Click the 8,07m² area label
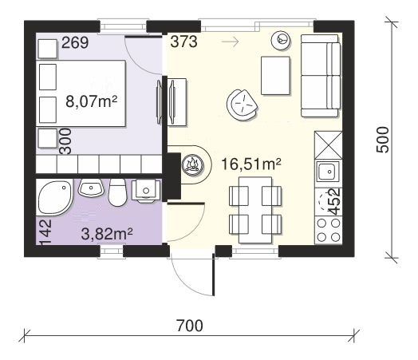[x=92, y=101]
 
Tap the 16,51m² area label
[x=251, y=164]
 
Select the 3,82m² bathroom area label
[x=107, y=234]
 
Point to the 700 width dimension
[x=190, y=326]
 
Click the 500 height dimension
[x=383, y=140]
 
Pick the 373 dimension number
[x=184, y=42]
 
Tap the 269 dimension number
[x=75, y=42]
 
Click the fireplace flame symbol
[x=192, y=164]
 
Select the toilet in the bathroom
[x=117, y=192]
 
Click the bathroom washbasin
[x=91, y=188]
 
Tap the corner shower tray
[x=55, y=197]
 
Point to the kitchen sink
[x=328, y=172]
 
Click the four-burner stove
[x=329, y=230]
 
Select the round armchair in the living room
[x=242, y=105]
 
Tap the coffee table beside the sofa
[x=275, y=76]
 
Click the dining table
[x=255, y=210]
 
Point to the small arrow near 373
[x=230, y=42]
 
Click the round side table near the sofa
[x=281, y=40]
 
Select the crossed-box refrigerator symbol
[x=329, y=145]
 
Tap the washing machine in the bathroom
[x=146, y=191]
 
